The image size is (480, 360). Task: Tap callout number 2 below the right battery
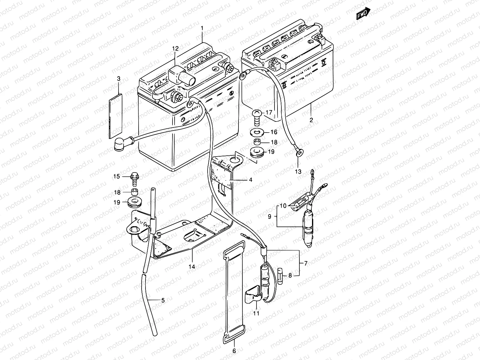coord(311,120)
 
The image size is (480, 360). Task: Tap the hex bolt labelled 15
coord(135,179)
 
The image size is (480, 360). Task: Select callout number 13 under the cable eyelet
coord(298,172)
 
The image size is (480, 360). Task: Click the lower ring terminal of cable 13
coord(298,153)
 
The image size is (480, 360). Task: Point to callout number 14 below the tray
coord(192,266)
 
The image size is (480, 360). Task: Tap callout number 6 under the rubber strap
coord(234,350)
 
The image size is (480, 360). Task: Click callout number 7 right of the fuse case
coord(306,264)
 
